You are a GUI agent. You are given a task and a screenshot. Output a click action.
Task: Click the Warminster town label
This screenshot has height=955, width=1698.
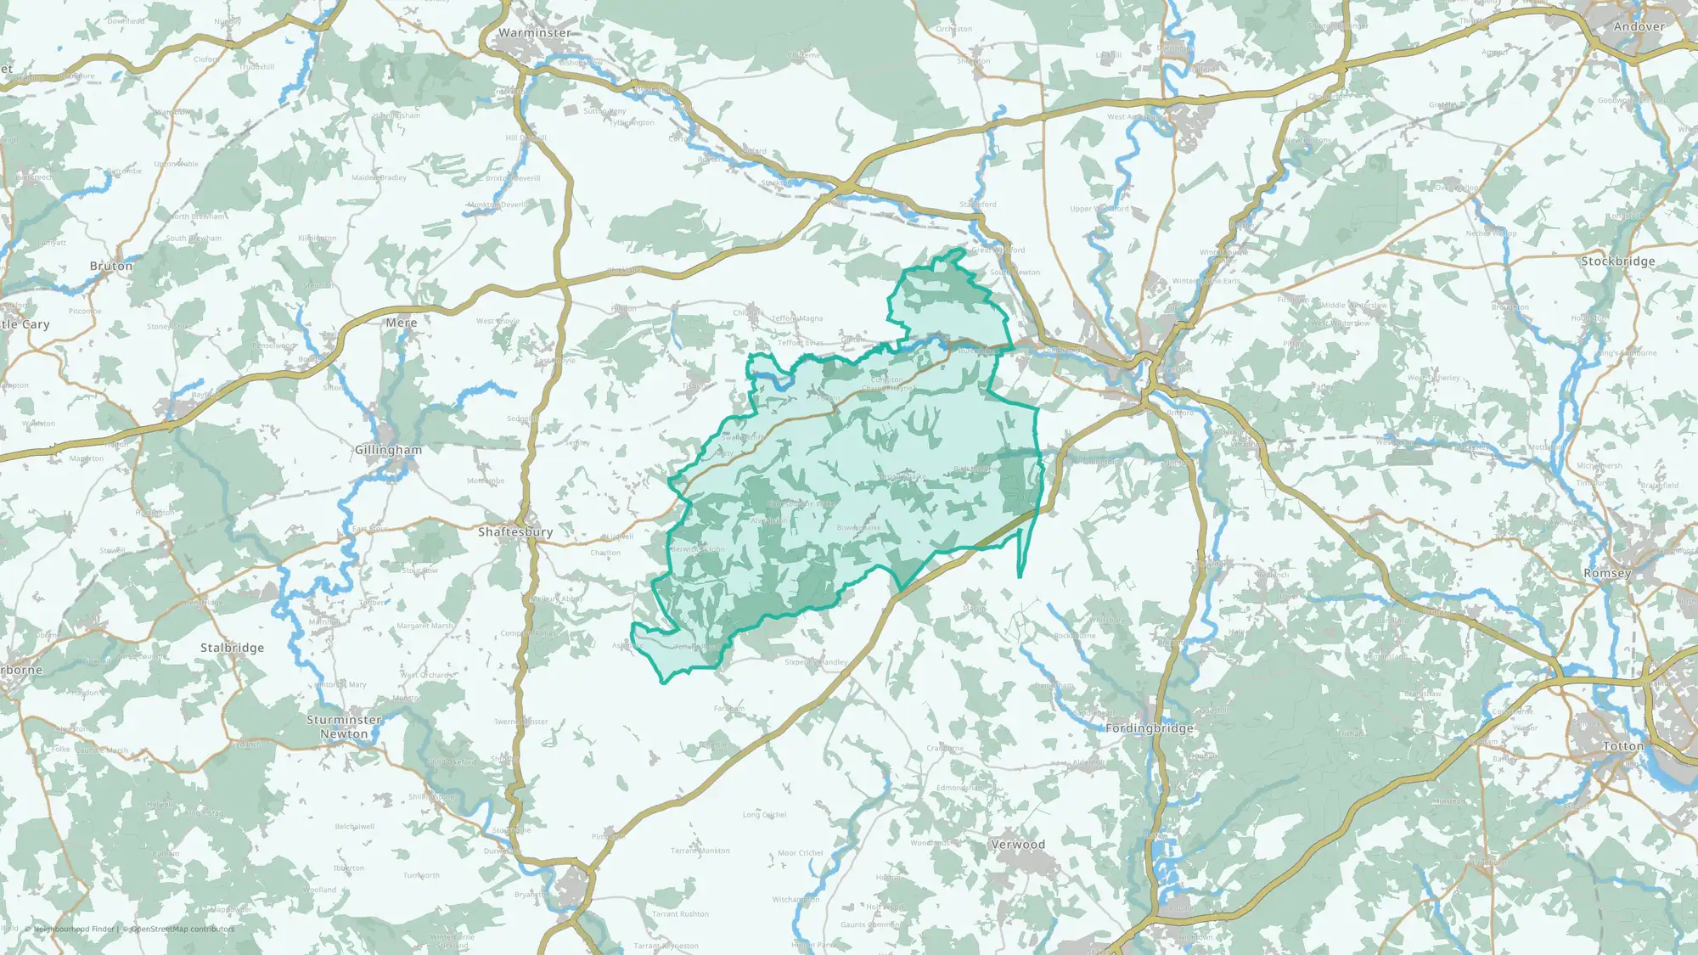click(x=534, y=32)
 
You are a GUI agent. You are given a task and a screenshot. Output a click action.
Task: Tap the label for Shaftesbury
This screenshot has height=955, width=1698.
click(x=515, y=531)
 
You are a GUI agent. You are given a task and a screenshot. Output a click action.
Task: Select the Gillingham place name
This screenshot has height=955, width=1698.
click(x=388, y=449)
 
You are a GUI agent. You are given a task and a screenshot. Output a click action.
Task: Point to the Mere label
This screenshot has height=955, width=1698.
click(x=402, y=323)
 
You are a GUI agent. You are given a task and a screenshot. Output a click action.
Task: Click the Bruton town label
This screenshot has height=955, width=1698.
click(x=111, y=266)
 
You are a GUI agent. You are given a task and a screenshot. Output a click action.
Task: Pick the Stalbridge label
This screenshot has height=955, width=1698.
click(x=232, y=648)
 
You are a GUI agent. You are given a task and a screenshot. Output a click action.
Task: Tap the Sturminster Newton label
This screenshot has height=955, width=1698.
click(x=344, y=727)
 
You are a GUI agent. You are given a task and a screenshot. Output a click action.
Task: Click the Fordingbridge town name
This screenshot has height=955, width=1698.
click(x=1150, y=728)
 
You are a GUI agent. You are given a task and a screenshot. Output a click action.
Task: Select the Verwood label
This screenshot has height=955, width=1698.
click(x=1018, y=845)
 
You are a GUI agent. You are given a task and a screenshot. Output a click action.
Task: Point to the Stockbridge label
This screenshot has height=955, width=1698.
click(x=1618, y=261)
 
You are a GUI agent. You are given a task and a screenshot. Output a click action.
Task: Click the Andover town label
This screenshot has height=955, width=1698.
click(x=1639, y=26)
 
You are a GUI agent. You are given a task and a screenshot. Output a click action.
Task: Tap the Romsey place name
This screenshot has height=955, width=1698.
click(x=1607, y=573)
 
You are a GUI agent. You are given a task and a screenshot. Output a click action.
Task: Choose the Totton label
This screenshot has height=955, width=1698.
click(x=1623, y=746)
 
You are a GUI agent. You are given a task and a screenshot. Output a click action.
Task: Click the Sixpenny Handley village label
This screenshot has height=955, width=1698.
click(x=816, y=662)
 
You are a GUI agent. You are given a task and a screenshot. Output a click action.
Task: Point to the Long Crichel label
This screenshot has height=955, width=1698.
click(x=764, y=815)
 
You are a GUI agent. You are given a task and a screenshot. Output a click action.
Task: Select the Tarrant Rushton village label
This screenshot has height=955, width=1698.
click(x=680, y=914)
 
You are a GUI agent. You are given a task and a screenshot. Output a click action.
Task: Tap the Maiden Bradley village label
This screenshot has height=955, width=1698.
click(x=379, y=177)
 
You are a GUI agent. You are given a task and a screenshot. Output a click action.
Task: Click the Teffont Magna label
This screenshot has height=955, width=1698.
click(x=796, y=318)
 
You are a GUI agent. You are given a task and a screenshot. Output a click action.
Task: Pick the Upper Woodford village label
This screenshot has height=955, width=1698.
click(x=1099, y=209)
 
